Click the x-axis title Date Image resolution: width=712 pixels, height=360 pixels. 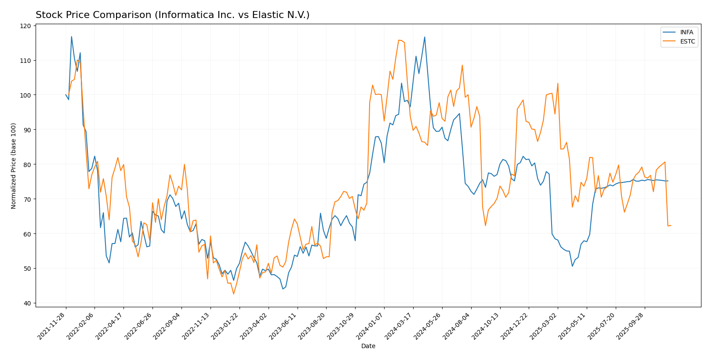point(368,346)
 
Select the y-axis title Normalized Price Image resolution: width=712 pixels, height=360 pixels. point(14,166)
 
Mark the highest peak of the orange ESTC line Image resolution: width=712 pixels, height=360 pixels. point(399,40)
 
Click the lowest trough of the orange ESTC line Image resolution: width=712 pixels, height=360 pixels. point(233,294)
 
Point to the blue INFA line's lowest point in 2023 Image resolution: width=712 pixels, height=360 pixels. point(283,289)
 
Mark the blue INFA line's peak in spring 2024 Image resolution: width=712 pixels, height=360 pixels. point(425,37)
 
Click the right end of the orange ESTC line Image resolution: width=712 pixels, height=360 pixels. point(671,225)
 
